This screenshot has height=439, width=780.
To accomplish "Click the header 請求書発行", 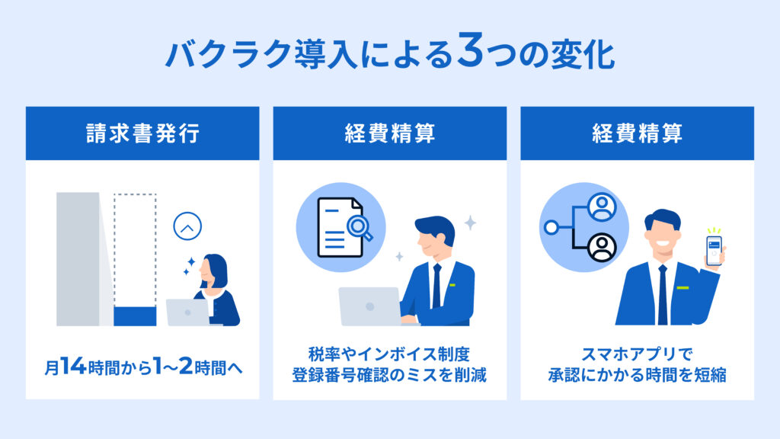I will (x=142, y=133).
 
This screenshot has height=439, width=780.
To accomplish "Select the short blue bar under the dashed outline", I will (x=135, y=316).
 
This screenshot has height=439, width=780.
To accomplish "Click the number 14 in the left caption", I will (x=72, y=367).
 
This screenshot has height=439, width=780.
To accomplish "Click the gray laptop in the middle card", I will (x=369, y=306).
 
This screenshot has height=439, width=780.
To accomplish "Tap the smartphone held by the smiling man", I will (x=714, y=250).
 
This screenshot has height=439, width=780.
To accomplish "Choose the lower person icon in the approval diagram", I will (x=602, y=246).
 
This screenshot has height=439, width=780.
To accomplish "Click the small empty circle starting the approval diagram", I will (x=551, y=227).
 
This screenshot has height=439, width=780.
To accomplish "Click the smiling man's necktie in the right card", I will (x=663, y=293).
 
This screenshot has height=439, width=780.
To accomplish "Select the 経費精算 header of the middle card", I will (x=389, y=133).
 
